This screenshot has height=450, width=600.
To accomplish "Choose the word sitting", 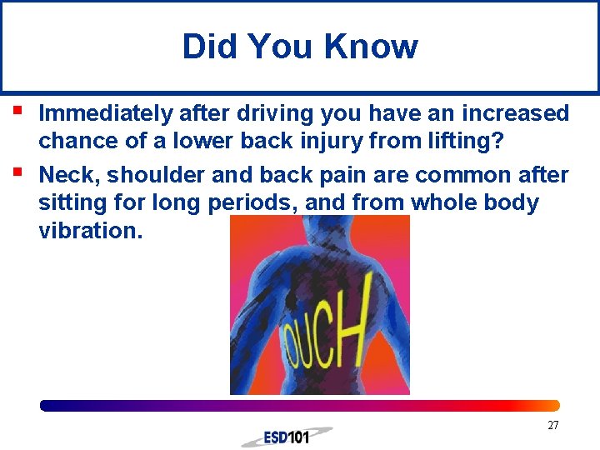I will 72,202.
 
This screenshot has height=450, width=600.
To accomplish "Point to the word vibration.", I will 90,231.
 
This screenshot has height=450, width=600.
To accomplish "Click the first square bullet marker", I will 17,109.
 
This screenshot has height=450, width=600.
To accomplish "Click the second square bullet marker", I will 17,171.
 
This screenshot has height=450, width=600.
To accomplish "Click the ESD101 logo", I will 287,436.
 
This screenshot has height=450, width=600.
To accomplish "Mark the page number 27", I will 553,426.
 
